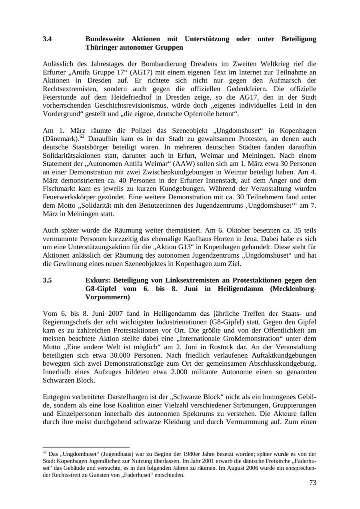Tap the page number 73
point(312,483)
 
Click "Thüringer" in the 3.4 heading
point(101,48)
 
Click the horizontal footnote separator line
point(86,447)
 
